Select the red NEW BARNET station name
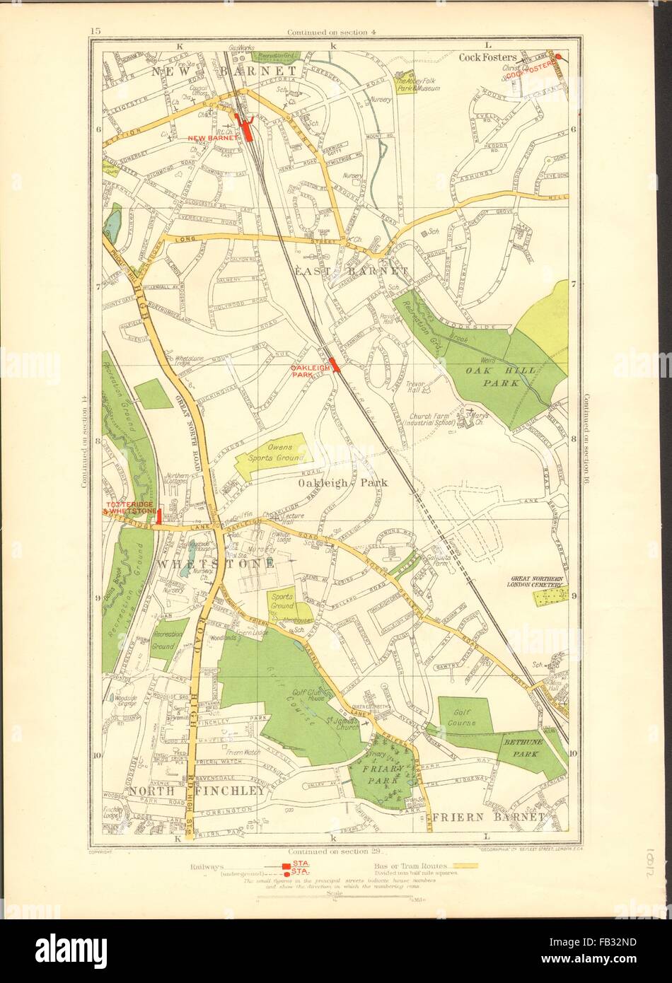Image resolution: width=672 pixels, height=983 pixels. (210, 138)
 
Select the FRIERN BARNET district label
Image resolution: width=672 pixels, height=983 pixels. (487, 818)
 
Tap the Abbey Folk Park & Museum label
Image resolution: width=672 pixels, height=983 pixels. (418, 85)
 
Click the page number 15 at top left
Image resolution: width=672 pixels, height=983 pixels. (96, 30)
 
